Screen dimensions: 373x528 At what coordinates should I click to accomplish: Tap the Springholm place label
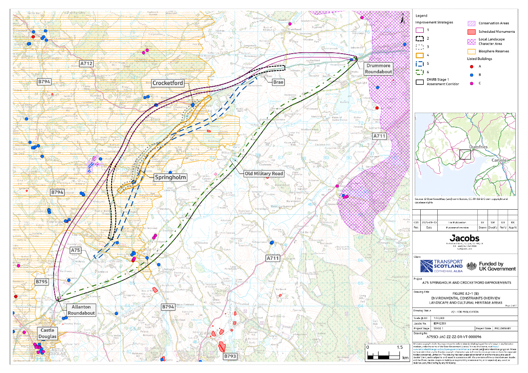(x=170, y=177)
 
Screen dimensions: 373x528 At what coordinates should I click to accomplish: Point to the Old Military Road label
(x=264, y=174)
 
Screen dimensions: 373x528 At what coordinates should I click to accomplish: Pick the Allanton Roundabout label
(x=81, y=310)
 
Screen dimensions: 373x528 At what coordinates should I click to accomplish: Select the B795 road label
(x=42, y=282)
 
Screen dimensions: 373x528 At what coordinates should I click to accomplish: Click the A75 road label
(x=75, y=251)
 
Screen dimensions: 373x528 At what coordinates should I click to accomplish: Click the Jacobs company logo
(x=465, y=239)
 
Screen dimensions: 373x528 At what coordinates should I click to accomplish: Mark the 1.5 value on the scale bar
(x=400, y=347)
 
